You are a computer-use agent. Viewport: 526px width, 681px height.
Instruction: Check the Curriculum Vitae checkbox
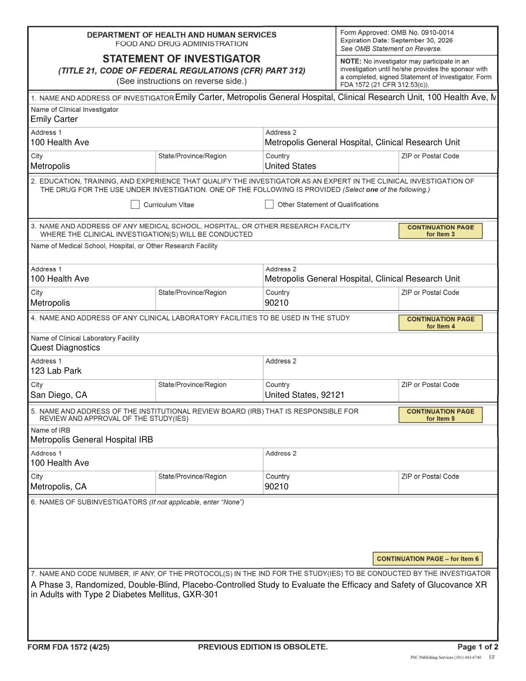pyautogui.click(x=135, y=204)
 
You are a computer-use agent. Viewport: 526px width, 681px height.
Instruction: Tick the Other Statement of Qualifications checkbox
pyautogui.click(x=270, y=204)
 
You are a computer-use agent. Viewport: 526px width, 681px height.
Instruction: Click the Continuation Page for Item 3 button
pyautogui.click(x=441, y=231)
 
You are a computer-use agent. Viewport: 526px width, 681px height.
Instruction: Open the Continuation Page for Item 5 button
pyautogui.click(x=441, y=415)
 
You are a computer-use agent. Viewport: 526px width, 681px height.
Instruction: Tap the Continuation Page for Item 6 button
pyautogui.click(x=427, y=559)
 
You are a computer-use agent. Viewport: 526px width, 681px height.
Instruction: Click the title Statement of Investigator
pyautogui.click(x=181, y=59)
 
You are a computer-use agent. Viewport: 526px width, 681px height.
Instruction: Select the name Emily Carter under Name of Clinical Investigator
pyautogui.click(x=54, y=119)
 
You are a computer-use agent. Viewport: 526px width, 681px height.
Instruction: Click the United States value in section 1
pyautogui.click(x=290, y=166)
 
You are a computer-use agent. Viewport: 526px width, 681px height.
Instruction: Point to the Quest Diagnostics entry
pyautogui.click(x=65, y=348)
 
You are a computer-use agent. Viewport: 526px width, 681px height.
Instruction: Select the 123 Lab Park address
pyautogui.click(x=56, y=371)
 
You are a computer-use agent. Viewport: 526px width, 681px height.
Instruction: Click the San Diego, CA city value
pyautogui.click(x=59, y=395)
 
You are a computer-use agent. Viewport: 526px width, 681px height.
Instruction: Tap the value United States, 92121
pyautogui.click(x=305, y=395)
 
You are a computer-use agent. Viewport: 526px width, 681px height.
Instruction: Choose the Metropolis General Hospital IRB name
pyautogui.click(x=92, y=440)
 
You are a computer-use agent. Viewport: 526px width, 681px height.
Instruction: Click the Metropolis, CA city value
pyautogui.click(x=59, y=487)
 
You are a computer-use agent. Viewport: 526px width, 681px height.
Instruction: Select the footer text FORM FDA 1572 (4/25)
pyautogui.click(x=68, y=647)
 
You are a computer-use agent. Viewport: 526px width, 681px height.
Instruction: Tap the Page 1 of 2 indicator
pyautogui.click(x=477, y=647)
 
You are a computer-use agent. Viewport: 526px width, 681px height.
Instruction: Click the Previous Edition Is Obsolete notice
pyautogui.click(x=263, y=647)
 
